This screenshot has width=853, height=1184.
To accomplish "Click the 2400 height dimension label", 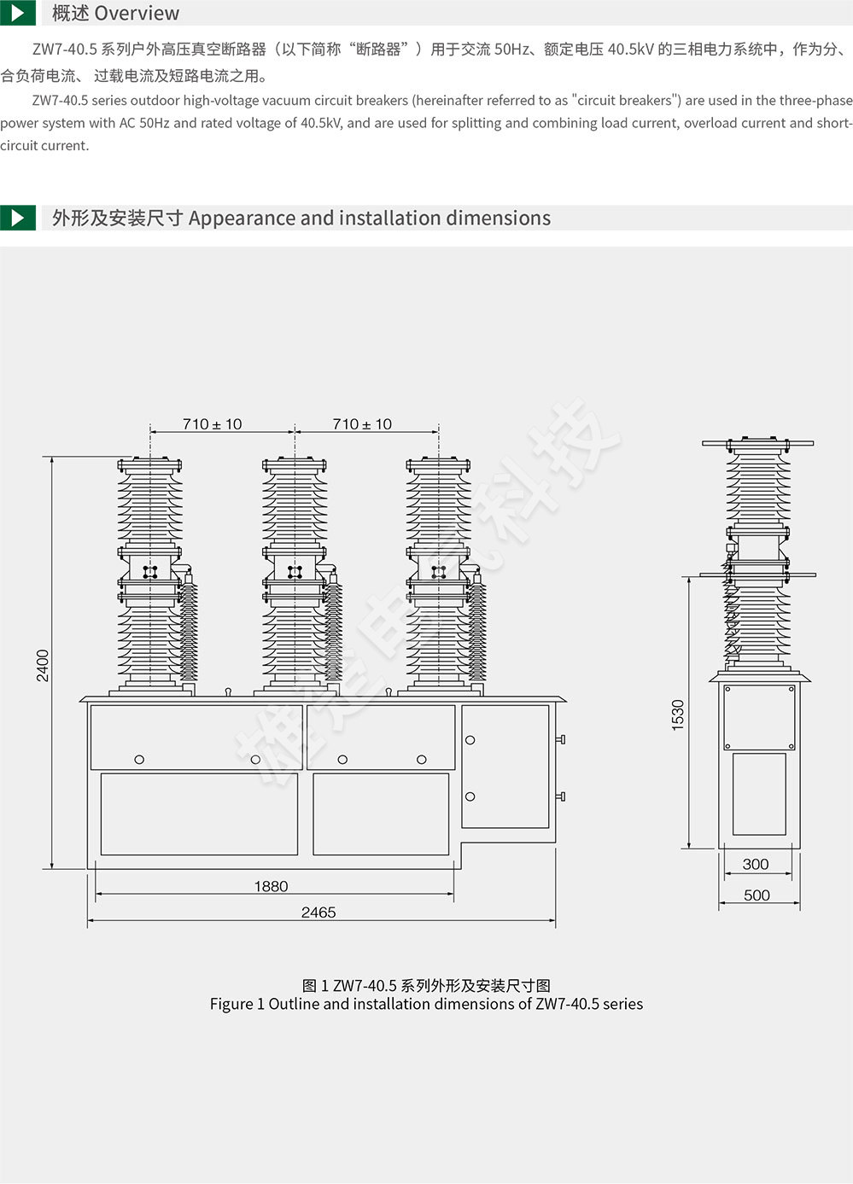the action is pos(43,666).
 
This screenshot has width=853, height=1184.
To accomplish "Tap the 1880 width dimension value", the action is pos(271,886).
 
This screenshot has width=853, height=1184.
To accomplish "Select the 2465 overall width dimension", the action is pos(318,913).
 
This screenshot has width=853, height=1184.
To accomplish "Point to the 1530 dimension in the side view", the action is pos(677,715).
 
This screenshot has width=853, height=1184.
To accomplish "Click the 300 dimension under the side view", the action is pos(755,864).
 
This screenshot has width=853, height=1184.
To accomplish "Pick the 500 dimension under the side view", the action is pos(757,895).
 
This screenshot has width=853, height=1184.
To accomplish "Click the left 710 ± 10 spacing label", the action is pos(212,424).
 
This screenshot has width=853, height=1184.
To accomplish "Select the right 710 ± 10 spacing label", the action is pos(362,424).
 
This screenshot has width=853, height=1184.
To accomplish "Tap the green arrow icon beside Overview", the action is pos(17,13).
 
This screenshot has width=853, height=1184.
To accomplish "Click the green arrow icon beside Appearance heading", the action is pos(17,218).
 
